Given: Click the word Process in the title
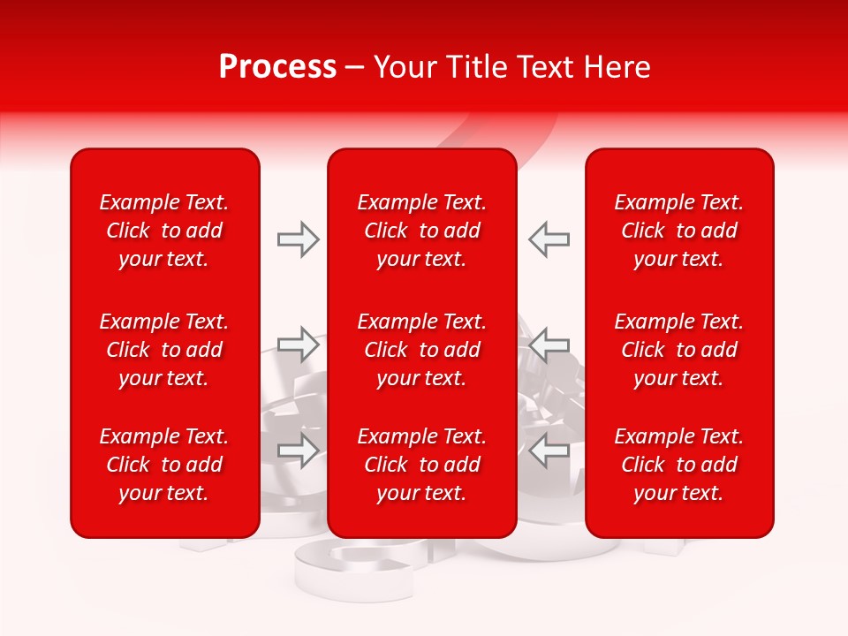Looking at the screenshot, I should (x=277, y=67).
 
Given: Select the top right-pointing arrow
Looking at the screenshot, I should (x=299, y=239).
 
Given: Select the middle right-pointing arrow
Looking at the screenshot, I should (x=299, y=344).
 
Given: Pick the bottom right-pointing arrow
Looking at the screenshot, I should (x=299, y=450).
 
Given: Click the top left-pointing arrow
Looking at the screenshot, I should (x=549, y=239).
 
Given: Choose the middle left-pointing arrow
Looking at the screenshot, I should (x=549, y=344).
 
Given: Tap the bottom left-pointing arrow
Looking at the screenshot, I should (x=549, y=450).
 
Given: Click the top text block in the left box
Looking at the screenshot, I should (x=164, y=231).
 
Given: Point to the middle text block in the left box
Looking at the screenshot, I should (x=164, y=350).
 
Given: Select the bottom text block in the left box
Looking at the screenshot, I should (x=164, y=465).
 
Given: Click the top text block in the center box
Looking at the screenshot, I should (x=422, y=231).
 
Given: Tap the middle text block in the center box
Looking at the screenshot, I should (x=422, y=350).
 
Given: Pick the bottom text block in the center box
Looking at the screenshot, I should (x=422, y=465).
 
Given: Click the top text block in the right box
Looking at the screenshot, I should (x=679, y=231).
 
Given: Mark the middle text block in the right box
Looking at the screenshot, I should (x=679, y=350).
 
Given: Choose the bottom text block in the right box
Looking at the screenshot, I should (x=679, y=465).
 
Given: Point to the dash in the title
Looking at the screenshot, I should (x=355, y=68).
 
